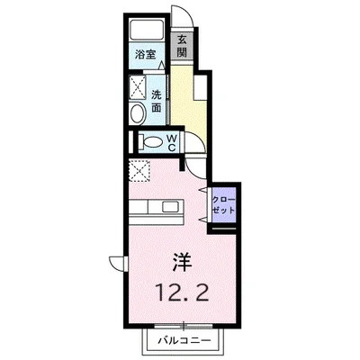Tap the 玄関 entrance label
(181, 46)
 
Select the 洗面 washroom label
(157, 100)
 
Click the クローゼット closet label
(223, 202)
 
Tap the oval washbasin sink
(137, 113)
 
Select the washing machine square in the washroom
(139, 87)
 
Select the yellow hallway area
(188, 103)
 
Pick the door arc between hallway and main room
(195, 165)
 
